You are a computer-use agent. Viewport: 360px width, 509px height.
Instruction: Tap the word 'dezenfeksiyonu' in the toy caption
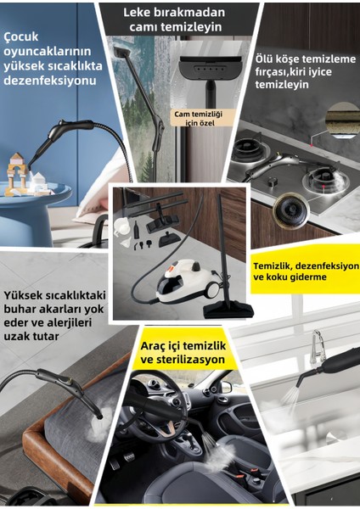(x=50, y=81)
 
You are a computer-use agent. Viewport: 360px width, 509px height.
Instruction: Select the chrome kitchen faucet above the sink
(x=317, y=344)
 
